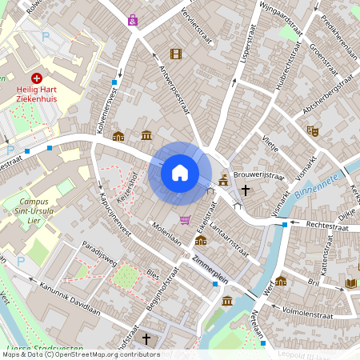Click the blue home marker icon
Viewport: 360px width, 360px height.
(x=180, y=173)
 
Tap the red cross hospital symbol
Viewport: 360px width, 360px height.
(x=37, y=78)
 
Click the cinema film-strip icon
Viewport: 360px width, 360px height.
(x=176, y=54)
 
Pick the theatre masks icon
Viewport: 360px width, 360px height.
(x=312, y=130)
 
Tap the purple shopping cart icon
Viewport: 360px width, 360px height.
(x=186, y=220)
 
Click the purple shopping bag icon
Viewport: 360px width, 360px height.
(x=132, y=20)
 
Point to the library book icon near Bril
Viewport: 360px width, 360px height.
(x=350, y=282)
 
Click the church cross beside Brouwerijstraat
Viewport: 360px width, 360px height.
(x=245, y=190)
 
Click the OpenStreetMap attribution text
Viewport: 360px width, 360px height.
(x=80, y=354)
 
